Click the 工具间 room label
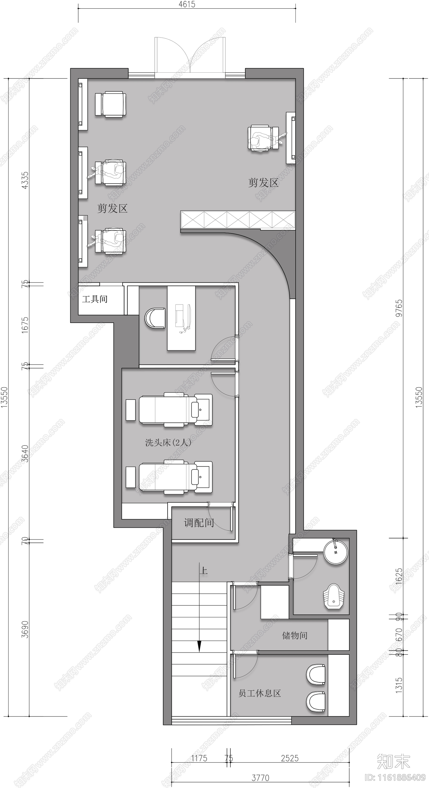[95, 299]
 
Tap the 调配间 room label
[199, 523]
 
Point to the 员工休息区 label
[260, 693]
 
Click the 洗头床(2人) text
[168, 443]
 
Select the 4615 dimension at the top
[187, 4]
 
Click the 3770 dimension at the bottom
[260, 778]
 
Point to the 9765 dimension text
[399, 308]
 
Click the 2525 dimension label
[290, 758]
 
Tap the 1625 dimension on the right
[399, 577]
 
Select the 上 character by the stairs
[204, 571]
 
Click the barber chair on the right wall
[263, 138]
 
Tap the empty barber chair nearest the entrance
[110, 104]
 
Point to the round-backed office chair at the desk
[155, 318]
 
